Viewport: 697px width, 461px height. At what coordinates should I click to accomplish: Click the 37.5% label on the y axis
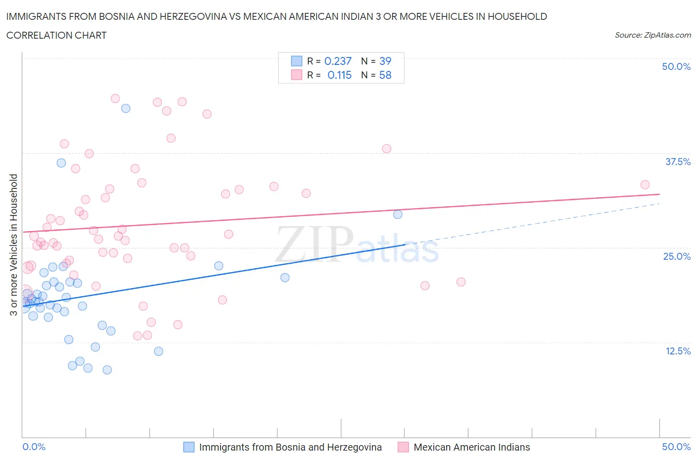(677, 162)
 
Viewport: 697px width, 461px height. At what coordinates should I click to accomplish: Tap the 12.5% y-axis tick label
(677, 351)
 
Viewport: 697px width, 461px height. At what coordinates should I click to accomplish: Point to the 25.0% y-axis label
(677, 256)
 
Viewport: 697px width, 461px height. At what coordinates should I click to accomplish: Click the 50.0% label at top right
(676, 66)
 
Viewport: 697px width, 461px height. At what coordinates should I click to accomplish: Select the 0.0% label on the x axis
(34, 447)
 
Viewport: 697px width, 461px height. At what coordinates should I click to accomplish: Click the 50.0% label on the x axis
(676, 447)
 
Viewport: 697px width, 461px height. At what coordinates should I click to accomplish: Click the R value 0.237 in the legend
(338, 61)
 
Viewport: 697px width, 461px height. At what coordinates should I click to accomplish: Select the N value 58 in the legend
(385, 75)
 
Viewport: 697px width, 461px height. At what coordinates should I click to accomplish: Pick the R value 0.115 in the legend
(339, 75)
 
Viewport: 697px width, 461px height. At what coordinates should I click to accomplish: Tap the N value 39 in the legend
(385, 61)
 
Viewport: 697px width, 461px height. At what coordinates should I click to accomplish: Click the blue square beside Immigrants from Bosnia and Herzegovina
(189, 447)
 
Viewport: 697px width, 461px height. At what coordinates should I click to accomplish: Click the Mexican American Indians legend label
(471, 447)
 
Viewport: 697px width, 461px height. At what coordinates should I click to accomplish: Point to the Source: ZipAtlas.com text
(652, 35)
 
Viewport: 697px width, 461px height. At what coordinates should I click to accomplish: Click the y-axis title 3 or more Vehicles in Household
(14, 244)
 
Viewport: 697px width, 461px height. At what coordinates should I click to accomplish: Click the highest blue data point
(126, 108)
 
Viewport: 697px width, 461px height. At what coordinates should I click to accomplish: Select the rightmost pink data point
(645, 184)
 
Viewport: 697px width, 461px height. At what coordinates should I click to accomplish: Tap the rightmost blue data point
(398, 214)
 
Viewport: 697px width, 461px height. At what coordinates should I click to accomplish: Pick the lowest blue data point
(107, 370)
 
